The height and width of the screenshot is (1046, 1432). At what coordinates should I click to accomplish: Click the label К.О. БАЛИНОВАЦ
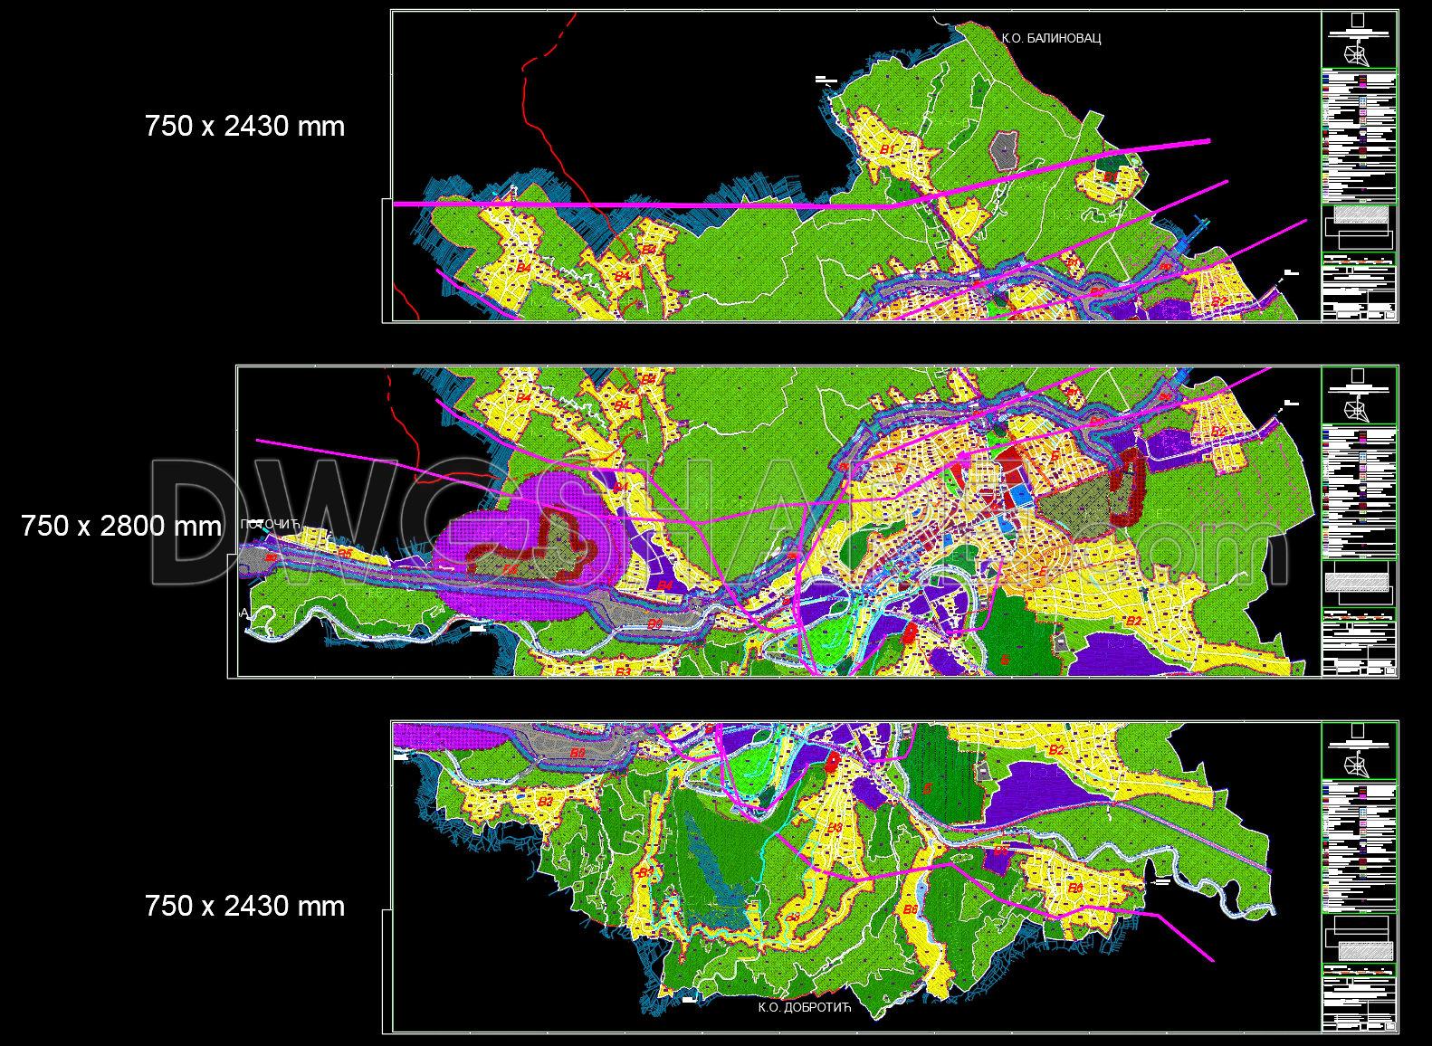pos(1051,38)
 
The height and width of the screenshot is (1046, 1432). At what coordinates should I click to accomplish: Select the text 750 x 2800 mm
pos(120,526)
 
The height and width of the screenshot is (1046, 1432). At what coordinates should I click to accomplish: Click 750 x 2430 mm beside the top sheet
pos(244,126)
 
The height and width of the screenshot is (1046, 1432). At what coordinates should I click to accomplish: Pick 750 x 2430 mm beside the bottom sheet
pos(244,906)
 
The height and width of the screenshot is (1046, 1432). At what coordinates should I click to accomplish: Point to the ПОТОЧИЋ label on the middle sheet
pos(271,525)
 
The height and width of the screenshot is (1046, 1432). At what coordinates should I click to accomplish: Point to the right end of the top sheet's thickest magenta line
pos(1208,141)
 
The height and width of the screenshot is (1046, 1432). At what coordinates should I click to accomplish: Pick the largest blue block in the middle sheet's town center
pos(1020,495)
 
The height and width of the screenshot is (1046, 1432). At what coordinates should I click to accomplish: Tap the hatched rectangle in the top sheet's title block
pos(1358,214)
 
